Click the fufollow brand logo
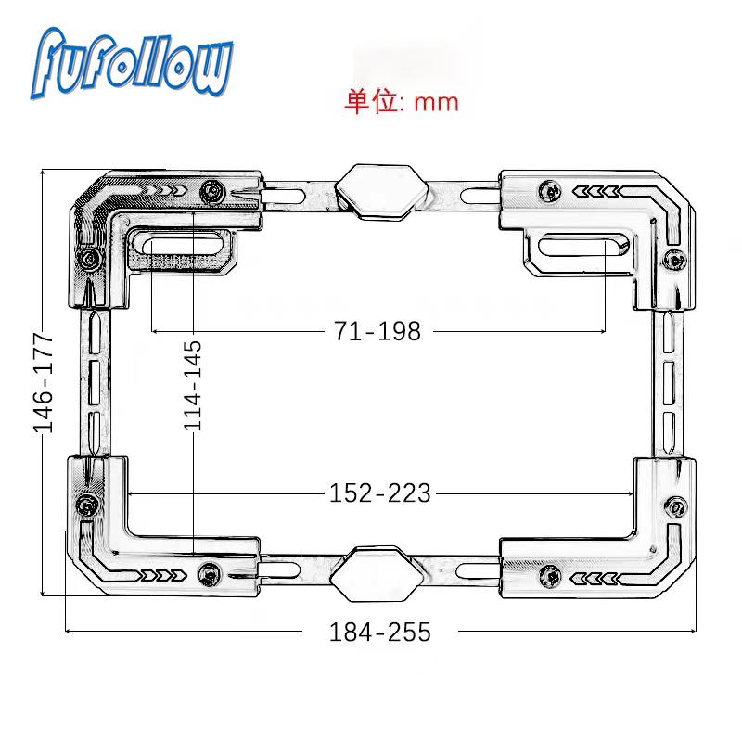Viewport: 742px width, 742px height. [134, 63]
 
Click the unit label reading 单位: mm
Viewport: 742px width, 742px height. [402, 101]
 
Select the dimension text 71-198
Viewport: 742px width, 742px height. [377, 330]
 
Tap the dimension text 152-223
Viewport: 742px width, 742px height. [380, 493]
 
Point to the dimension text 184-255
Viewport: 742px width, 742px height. [380, 632]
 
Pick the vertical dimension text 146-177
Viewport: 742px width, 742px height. [43, 382]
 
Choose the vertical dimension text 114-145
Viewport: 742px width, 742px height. [193, 384]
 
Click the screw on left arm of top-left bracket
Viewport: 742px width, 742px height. [88, 257]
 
